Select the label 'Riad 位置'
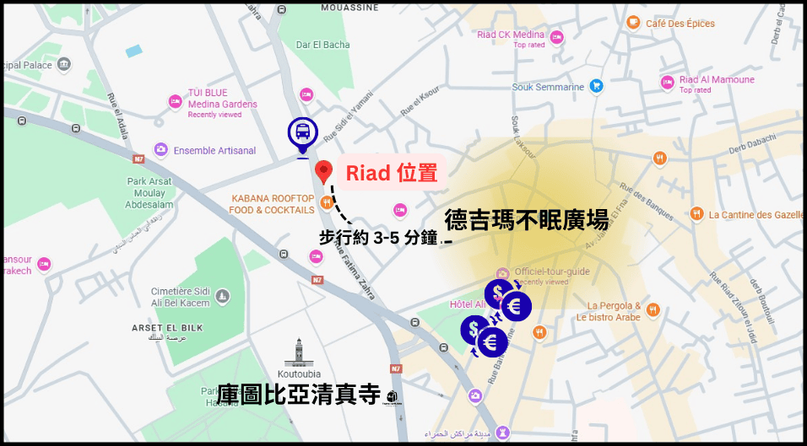coord(392,173)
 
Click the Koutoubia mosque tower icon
coord(298,352)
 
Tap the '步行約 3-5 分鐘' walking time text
coord(379,238)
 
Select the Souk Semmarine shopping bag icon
coord(597,85)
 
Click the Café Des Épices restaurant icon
coord(633,23)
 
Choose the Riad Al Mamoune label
coord(717,80)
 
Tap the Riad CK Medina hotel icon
coord(557,35)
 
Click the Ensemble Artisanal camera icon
coord(160,150)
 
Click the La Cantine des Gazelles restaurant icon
coord(696,213)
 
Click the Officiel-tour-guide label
coord(552,271)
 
